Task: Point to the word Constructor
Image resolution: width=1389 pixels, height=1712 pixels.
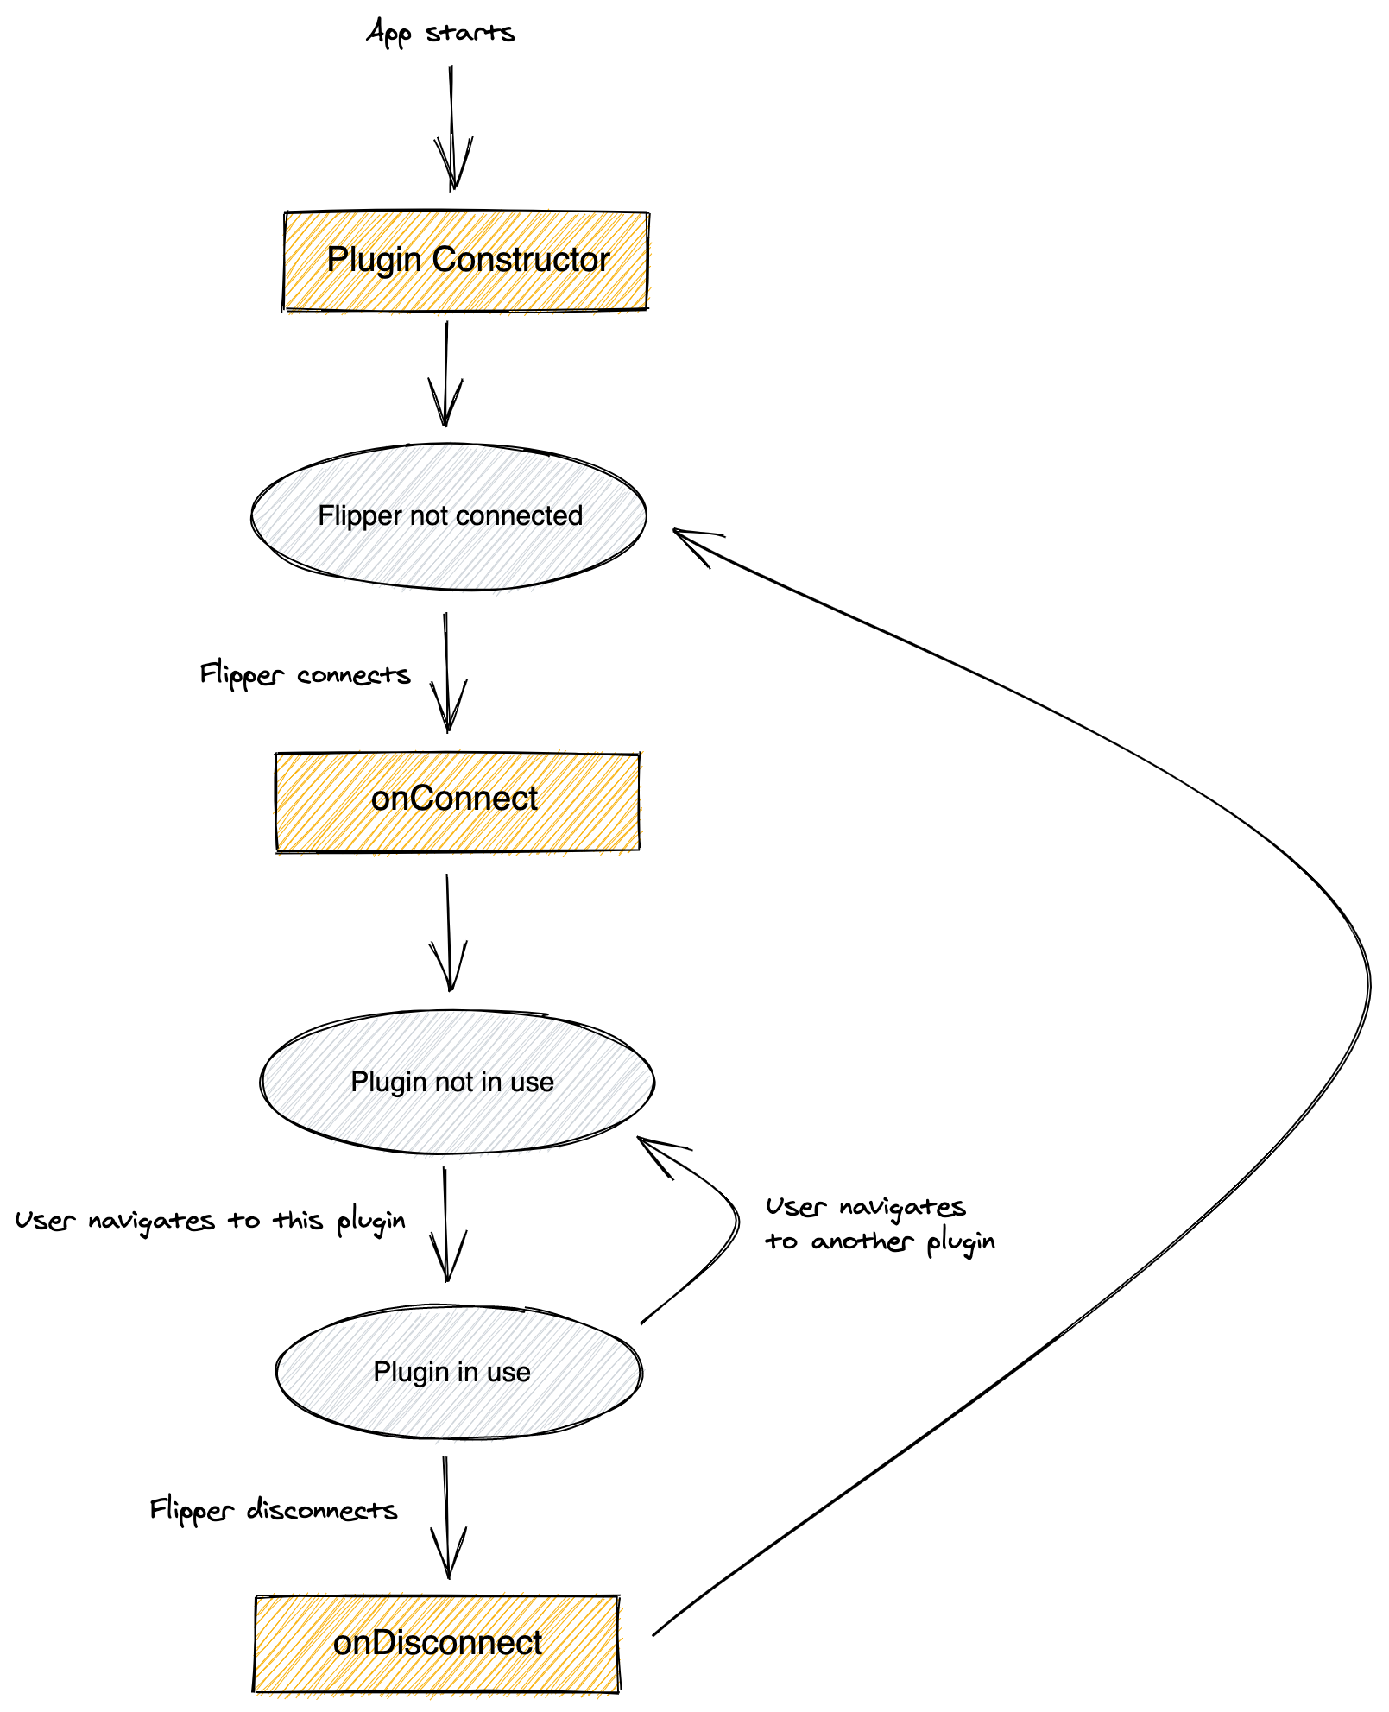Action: point(521,259)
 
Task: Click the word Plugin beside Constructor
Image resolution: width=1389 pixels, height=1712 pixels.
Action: point(376,259)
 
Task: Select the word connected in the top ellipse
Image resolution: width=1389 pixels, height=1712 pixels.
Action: point(520,516)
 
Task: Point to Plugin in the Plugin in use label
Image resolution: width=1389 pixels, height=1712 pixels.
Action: point(411,1371)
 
